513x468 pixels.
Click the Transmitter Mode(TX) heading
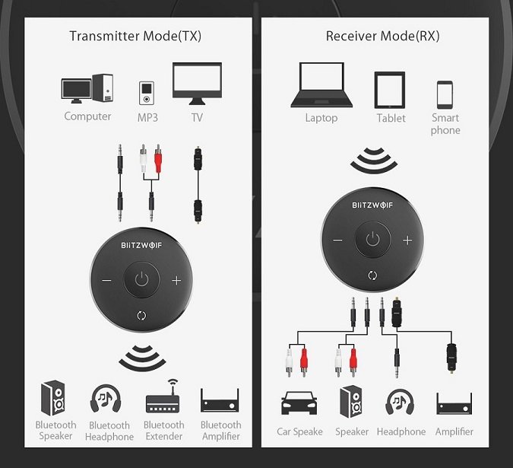point(135,36)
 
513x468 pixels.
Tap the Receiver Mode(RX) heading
point(382,36)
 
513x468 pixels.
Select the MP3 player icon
point(147,94)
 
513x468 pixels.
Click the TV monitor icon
point(197,84)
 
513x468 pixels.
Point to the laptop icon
point(321,84)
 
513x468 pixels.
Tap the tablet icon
point(390,90)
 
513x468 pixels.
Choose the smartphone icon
point(445,94)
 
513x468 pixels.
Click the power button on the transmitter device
point(141,280)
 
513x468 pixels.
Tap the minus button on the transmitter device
point(106,280)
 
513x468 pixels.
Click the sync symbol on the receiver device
point(372,275)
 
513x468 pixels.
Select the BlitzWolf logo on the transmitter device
point(141,245)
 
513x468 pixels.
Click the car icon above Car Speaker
point(299,403)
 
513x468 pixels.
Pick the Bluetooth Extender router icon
point(163,396)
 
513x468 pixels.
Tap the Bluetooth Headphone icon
point(106,398)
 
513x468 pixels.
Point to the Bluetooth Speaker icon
point(52,398)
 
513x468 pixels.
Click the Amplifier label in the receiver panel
point(454,431)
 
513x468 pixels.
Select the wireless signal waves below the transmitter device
point(142,358)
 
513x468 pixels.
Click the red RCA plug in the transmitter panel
point(158,159)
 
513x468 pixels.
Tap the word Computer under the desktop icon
point(87,116)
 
